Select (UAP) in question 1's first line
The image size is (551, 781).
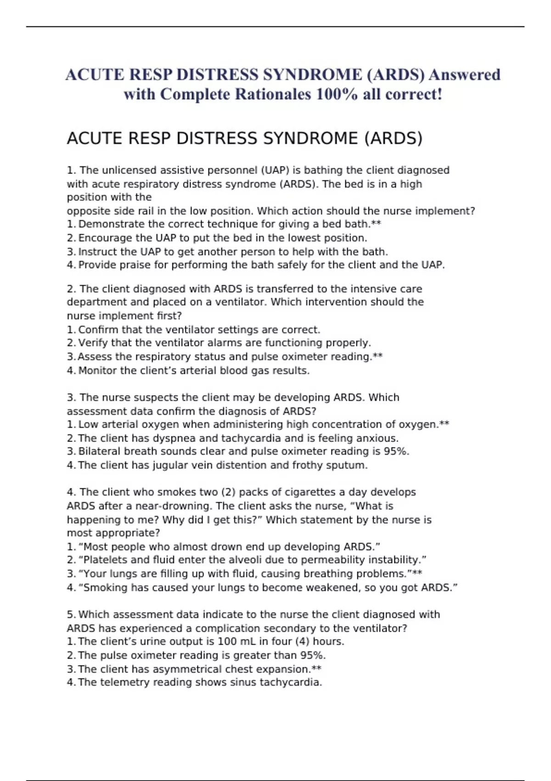pos(275,170)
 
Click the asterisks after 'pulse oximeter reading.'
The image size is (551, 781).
pos(378,357)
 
